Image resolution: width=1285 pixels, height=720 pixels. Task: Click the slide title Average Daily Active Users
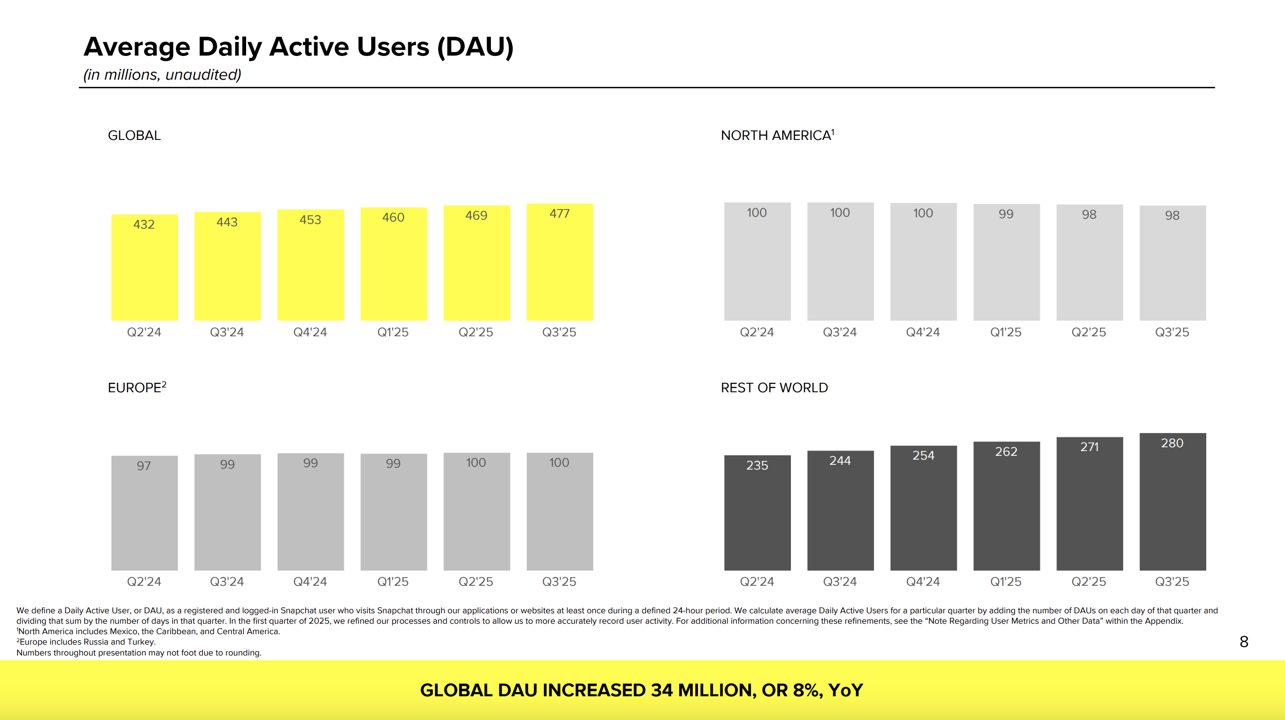298,47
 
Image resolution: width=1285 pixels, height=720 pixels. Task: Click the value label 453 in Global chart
310,220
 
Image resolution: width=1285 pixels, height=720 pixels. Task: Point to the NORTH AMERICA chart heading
777,135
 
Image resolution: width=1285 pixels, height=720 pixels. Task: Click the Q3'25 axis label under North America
1172,332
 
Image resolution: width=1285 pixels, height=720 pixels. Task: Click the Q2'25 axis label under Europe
476,582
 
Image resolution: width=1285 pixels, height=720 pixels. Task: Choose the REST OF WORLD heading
774,388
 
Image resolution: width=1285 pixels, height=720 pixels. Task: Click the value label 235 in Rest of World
757,465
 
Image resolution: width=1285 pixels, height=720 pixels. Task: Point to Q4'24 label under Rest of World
923,582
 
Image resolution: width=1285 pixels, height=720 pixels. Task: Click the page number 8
1244,642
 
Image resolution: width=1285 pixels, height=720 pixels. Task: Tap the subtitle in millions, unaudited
162,75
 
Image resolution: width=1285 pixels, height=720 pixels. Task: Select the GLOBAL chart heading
134,135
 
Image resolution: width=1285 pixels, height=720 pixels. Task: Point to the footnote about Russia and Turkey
87,642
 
